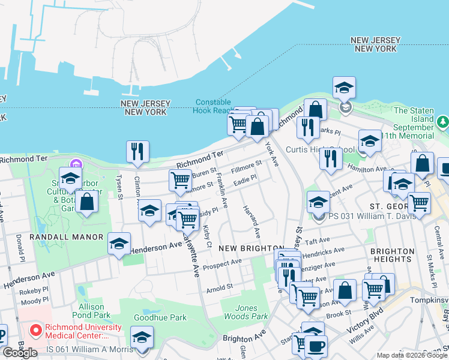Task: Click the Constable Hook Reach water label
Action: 213,106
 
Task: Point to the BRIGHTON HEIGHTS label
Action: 392,255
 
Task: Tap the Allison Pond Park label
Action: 91,310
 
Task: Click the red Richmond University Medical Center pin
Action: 36,329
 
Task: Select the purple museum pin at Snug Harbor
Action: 76,164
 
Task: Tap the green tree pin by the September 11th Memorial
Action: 443,122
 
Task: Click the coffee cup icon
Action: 316,346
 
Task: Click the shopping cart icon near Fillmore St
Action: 180,180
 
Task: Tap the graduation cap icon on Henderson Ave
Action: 119,244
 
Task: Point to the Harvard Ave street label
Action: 252,220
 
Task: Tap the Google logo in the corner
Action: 19,353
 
